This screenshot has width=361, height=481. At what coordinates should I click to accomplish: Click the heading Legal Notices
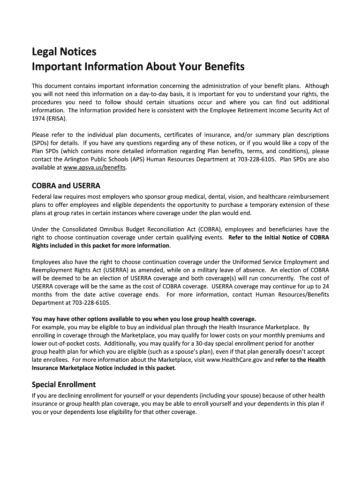(x=64, y=51)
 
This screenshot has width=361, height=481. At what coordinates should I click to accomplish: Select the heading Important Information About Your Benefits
(x=138, y=67)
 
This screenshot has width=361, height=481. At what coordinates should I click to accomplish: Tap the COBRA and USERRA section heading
(x=66, y=186)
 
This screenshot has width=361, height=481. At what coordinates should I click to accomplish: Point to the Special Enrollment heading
(x=64, y=384)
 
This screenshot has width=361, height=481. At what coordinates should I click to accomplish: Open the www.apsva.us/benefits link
(x=95, y=168)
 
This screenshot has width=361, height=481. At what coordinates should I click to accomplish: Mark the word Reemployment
(x=54, y=270)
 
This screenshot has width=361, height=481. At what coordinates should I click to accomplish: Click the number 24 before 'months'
(x=325, y=286)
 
